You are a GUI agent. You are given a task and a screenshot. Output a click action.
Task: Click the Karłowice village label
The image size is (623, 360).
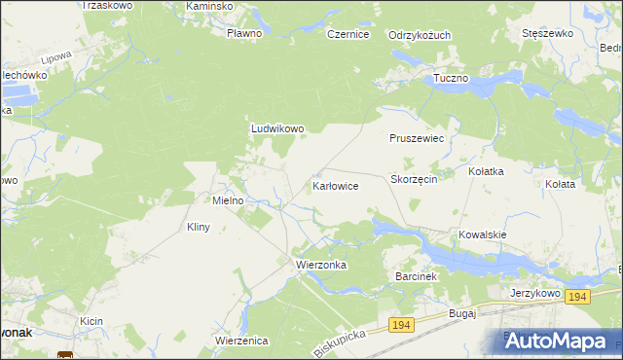pyautogui.click(x=336, y=185)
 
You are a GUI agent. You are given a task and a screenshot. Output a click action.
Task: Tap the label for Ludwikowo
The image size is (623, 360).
pyautogui.click(x=278, y=127)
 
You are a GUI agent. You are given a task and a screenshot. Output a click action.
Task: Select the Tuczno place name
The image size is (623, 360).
pyautogui.click(x=452, y=77)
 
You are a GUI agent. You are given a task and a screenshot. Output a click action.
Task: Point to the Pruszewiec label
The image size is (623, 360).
pyautogui.click(x=417, y=139)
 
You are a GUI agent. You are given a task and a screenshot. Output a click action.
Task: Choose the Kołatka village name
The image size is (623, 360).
pyautogui.click(x=486, y=171)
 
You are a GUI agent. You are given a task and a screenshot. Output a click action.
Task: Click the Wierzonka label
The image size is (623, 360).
pyautogui.click(x=316, y=264)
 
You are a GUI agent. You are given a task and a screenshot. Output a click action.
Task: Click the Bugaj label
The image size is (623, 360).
pyautogui.click(x=460, y=313)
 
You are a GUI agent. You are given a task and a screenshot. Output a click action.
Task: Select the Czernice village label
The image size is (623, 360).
pyautogui.click(x=348, y=34)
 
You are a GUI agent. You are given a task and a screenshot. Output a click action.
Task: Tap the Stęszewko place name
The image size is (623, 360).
pyautogui.click(x=546, y=33)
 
